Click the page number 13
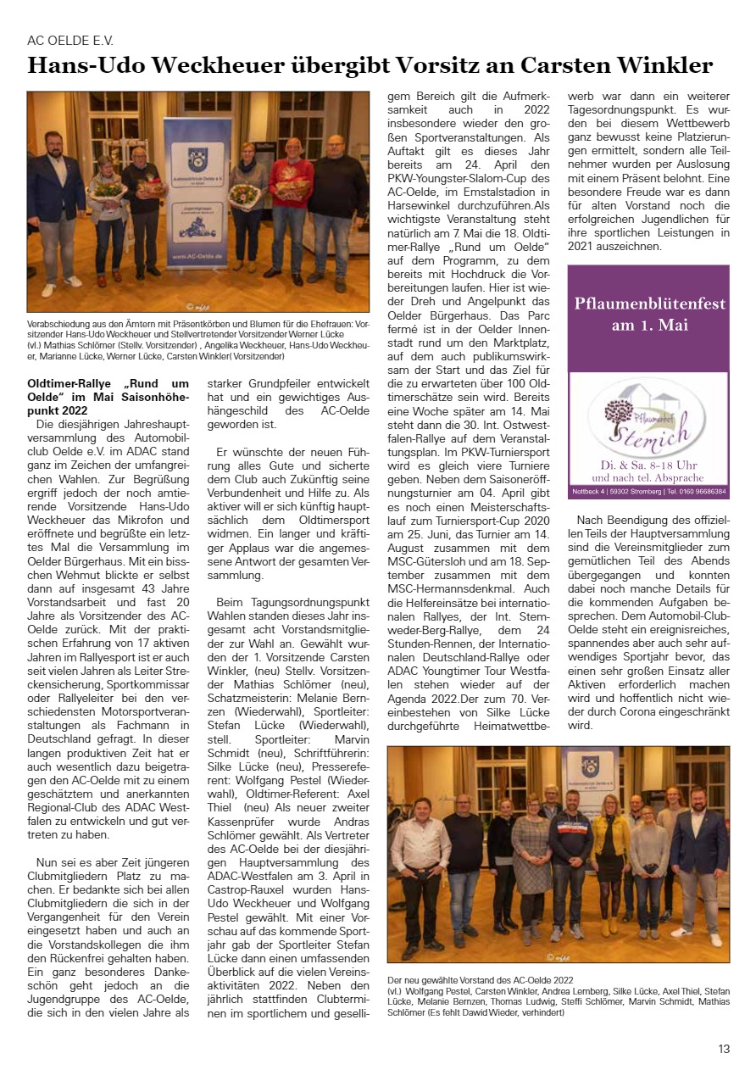724,1049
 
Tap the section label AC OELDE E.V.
70,40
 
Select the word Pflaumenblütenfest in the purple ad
649,304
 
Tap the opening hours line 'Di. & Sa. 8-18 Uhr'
649,465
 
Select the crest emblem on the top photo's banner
197,159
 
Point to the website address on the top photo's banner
197,255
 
